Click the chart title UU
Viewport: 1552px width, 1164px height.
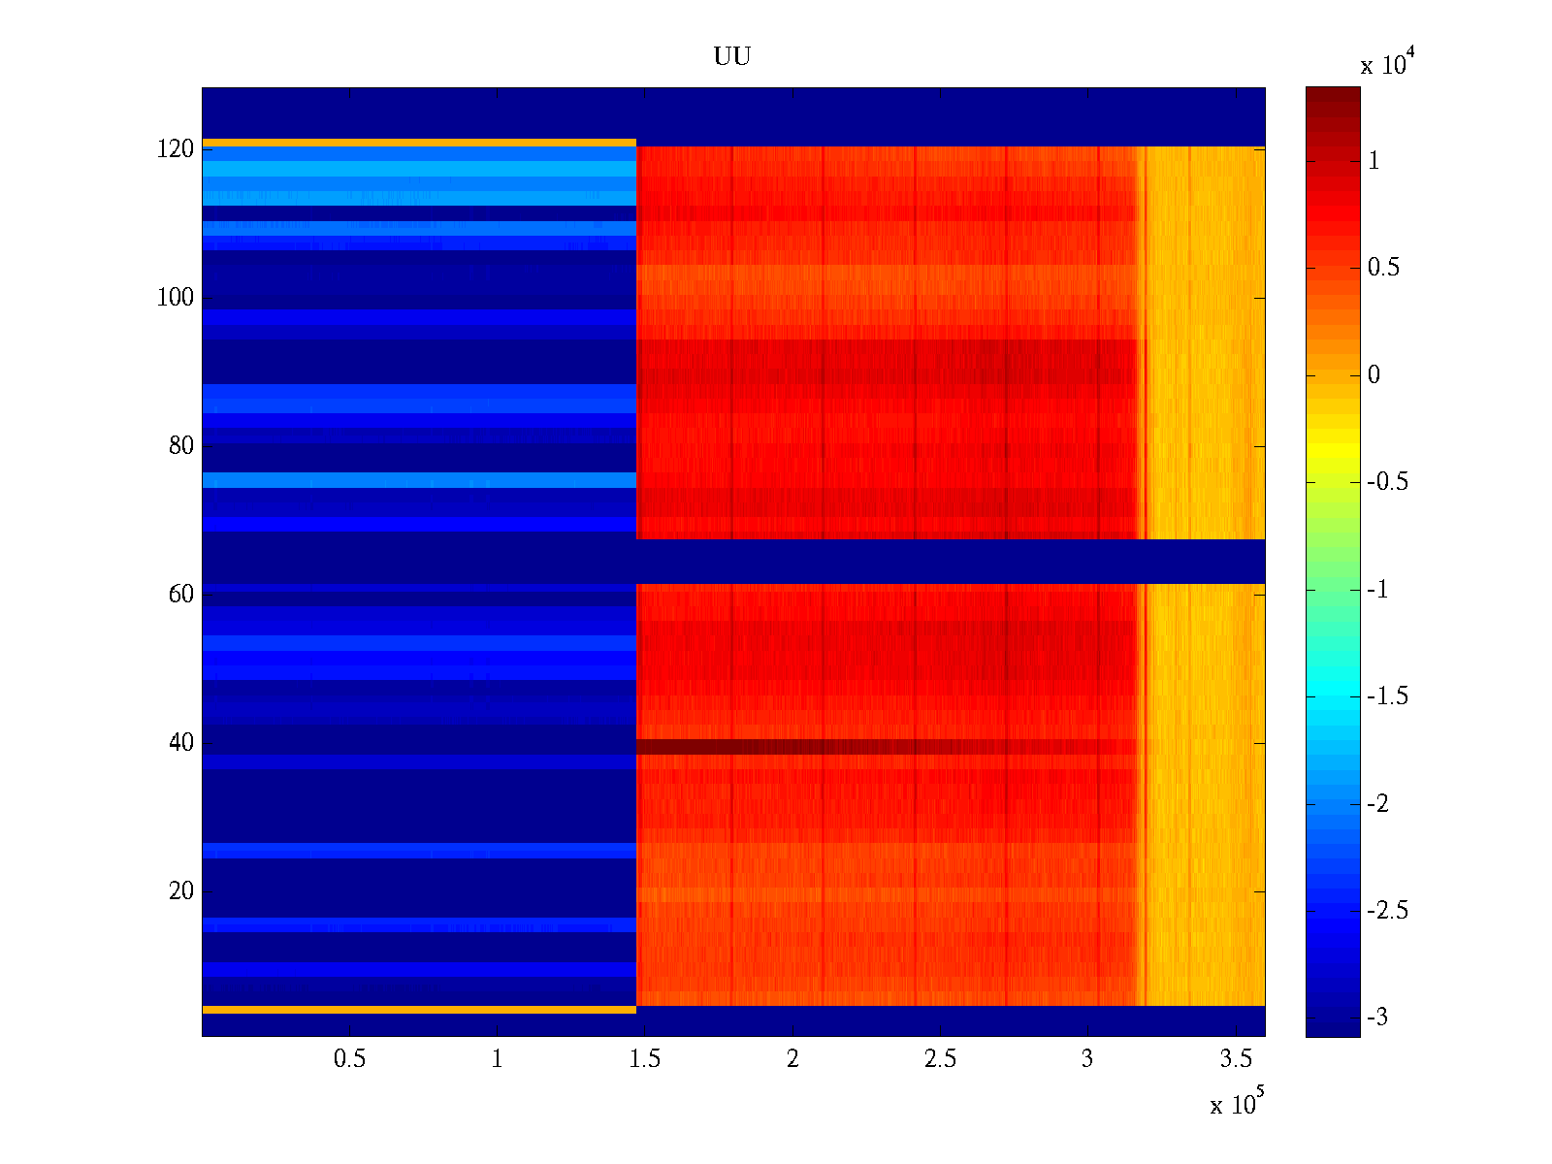tap(732, 57)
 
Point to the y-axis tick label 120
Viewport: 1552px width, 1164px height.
tap(176, 149)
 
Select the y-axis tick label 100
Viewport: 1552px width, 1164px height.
tap(176, 298)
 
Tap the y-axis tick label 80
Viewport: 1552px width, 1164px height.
tap(181, 446)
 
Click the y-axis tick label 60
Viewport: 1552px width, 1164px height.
tap(181, 595)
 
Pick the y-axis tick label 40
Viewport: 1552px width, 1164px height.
tap(181, 743)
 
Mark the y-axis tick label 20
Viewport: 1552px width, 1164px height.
tap(181, 891)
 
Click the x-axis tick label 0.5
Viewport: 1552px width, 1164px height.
tap(349, 1059)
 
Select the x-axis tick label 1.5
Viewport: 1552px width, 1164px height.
tap(645, 1059)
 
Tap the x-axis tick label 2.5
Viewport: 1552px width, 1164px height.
tap(940, 1059)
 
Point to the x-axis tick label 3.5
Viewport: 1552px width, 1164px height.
tap(1236, 1059)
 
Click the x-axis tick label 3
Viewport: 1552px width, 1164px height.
tap(1087, 1059)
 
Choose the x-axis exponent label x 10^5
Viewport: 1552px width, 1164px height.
tap(1237, 1104)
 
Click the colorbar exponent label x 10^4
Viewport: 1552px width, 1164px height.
tap(1383, 64)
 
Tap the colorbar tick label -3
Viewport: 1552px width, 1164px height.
tap(1377, 1018)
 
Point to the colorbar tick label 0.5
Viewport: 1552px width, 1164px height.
tap(1383, 268)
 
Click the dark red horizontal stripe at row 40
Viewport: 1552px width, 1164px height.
tap(873, 747)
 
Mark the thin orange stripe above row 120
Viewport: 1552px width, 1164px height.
tap(417, 143)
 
